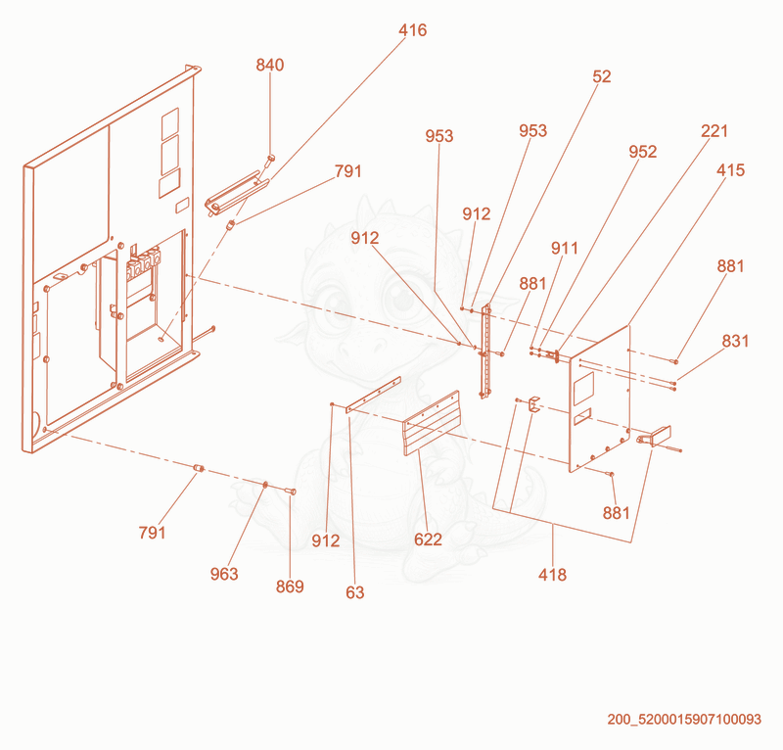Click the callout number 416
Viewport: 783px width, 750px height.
[x=412, y=30]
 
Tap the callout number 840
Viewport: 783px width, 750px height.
[x=270, y=65]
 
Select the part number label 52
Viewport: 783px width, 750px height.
[x=602, y=76]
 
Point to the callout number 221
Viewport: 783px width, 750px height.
[x=714, y=131]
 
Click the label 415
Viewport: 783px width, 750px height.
[x=730, y=170]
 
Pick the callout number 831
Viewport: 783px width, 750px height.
[x=736, y=342]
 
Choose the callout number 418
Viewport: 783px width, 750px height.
[x=552, y=575]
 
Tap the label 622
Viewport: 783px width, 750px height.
[x=428, y=539]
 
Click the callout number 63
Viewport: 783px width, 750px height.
[x=355, y=592]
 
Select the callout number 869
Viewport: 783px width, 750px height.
[x=290, y=586]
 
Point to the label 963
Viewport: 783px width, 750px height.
[x=224, y=574]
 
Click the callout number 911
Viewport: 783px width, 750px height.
[x=565, y=249]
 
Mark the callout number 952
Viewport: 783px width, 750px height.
[x=643, y=152]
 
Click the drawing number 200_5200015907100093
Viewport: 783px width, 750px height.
[x=684, y=720]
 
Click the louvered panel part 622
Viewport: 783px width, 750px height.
[x=432, y=423]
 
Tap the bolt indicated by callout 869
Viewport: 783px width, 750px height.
[x=291, y=492]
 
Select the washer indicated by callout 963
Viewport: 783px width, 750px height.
[x=265, y=485]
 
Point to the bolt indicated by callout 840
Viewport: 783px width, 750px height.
[x=270, y=160]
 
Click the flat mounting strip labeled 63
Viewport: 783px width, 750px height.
[x=373, y=395]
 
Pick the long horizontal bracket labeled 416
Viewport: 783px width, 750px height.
[x=237, y=193]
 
